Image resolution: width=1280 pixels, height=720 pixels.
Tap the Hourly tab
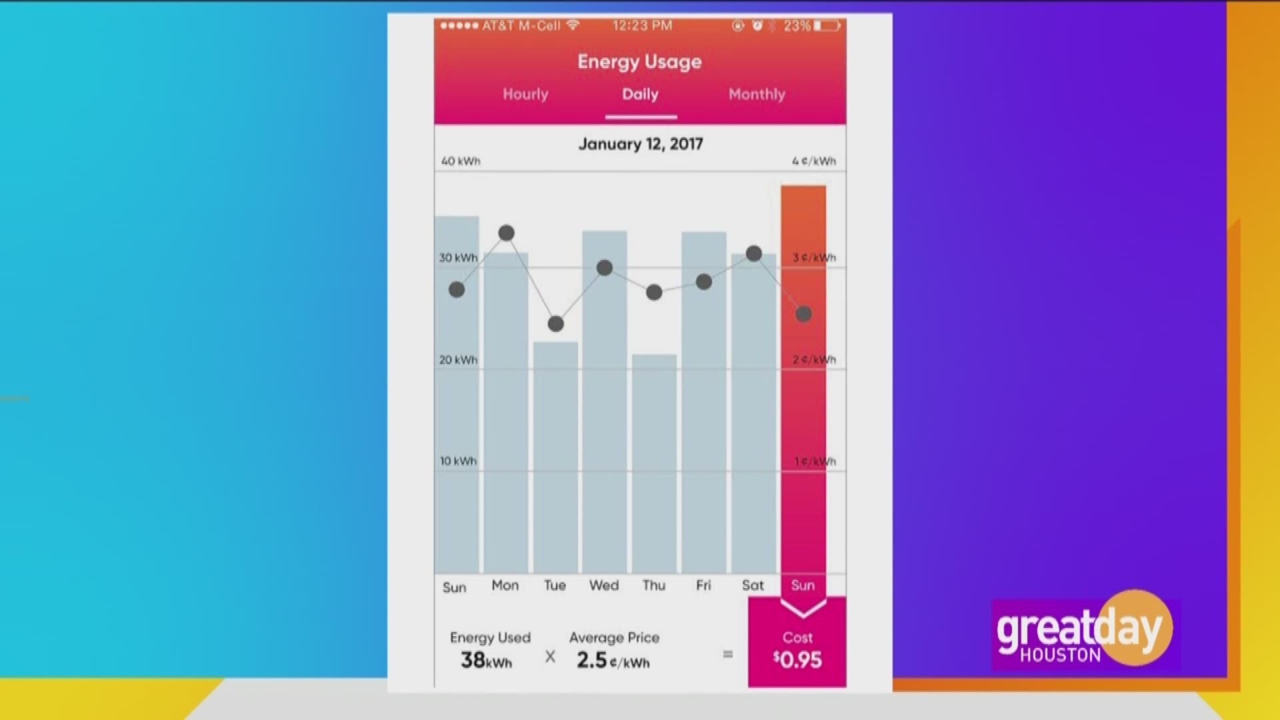(x=525, y=94)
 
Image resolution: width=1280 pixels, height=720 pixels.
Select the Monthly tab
(x=757, y=94)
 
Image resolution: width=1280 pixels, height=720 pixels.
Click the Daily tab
(x=640, y=94)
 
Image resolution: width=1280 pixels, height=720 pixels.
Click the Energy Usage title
(x=639, y=61)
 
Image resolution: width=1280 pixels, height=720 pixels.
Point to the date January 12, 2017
(x=640, y=144)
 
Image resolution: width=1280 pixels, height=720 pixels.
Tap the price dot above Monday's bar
(x=506, y=233)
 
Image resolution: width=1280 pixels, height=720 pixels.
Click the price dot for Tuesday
(x=555, y=324)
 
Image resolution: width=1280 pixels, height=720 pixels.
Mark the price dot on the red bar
(x=803, y=314)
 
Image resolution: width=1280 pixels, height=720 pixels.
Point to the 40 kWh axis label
(x=460, y=161)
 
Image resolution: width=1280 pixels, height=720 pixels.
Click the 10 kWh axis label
(x=458, y=461)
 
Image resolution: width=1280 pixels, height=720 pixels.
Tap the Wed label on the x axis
(x=604, y=585)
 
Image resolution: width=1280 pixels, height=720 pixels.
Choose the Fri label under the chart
(x=703, y=585)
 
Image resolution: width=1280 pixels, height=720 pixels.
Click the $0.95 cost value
(x=797, y=660)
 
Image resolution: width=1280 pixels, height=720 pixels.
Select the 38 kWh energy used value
(x=486, y=660)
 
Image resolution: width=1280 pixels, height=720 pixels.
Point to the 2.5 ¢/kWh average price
(x=613, y=660)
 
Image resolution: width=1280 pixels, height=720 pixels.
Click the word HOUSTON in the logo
(x=1060, y=655)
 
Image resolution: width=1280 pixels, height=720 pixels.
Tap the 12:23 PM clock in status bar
(x=642, y=26)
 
